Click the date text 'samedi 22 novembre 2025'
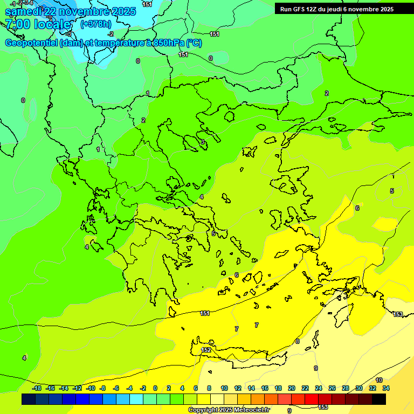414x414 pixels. point(70,11)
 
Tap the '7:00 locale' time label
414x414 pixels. point(38,24)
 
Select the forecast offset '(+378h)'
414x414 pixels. point(95,24)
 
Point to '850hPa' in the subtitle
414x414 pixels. point(165,43)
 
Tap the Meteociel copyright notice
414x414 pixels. point(229,410)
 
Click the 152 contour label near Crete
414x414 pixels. point(206,350)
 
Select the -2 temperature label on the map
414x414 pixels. point(111,33)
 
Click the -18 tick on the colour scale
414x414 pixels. point(37,388)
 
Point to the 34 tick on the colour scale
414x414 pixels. point(386,388)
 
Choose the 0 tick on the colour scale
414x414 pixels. point(155,388)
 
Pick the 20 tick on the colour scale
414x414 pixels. point(292,388)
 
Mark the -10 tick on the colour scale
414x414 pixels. point(91,388)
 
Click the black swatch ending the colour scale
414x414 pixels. point(379,399)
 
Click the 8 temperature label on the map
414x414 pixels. point(297,341)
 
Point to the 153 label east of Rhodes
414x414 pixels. point(398,314)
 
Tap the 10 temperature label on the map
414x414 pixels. point(379,380)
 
